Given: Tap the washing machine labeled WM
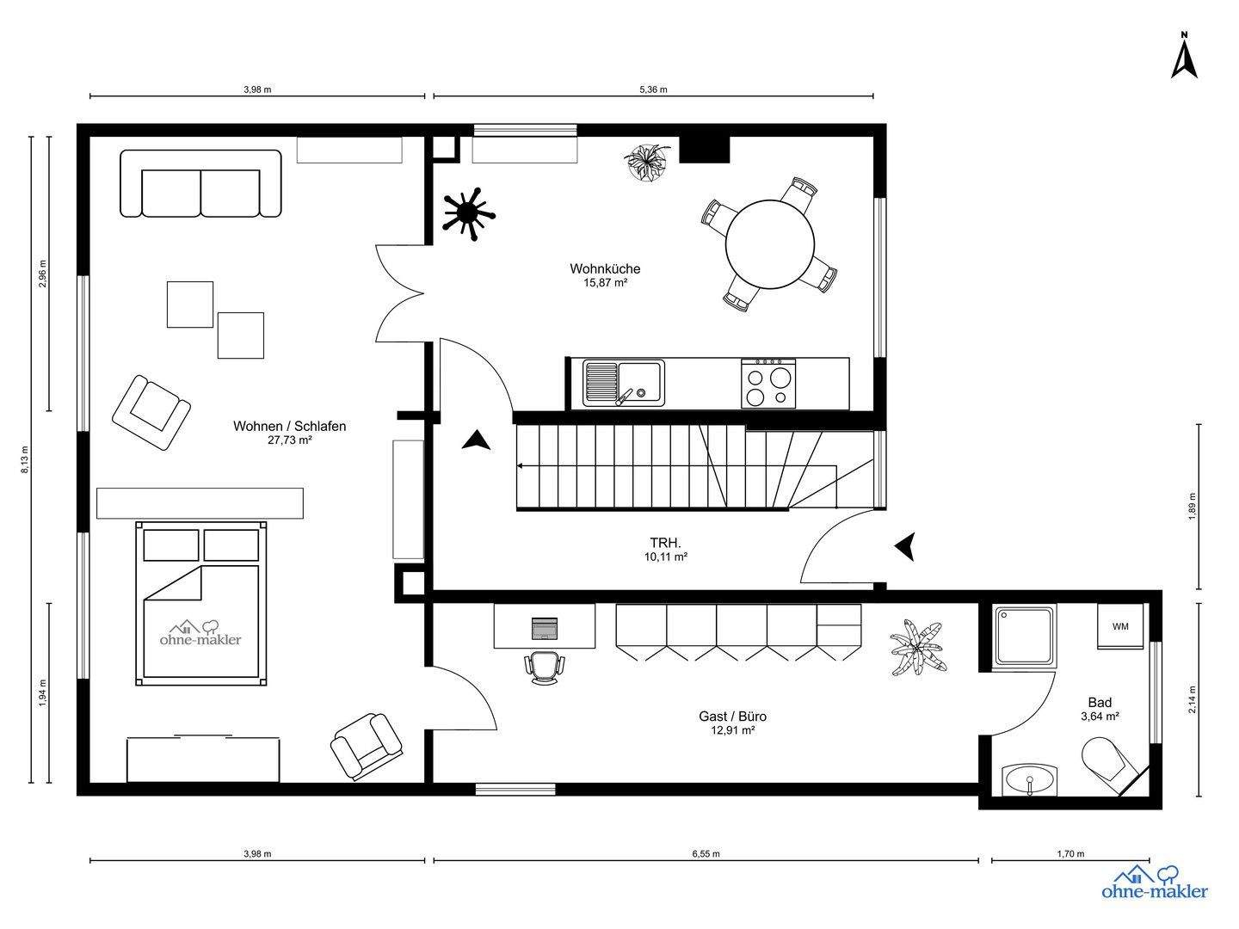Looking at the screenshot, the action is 1120,626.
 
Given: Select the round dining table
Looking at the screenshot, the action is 770,243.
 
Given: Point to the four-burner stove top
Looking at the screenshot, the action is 768,384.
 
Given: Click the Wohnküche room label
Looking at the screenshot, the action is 605,269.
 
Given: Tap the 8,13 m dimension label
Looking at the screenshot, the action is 26,459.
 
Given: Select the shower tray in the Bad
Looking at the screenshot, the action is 1025,637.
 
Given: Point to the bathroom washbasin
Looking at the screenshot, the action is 1030,780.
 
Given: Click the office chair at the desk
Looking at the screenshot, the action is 545,668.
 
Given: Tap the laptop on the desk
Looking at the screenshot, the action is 545,628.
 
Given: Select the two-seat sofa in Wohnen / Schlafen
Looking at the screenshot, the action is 201,183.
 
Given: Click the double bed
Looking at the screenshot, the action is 201,604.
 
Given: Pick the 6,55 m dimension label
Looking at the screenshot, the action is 706,854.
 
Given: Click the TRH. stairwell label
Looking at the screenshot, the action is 665,543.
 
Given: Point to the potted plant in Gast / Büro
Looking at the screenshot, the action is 918,647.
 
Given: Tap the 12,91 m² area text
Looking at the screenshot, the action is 733,730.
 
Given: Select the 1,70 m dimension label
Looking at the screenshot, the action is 1071,854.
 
